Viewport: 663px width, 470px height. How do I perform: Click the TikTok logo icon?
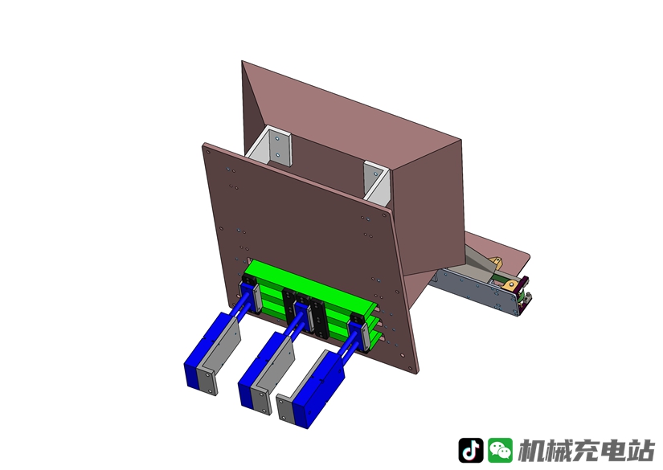471,450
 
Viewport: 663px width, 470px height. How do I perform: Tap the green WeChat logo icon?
500,450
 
